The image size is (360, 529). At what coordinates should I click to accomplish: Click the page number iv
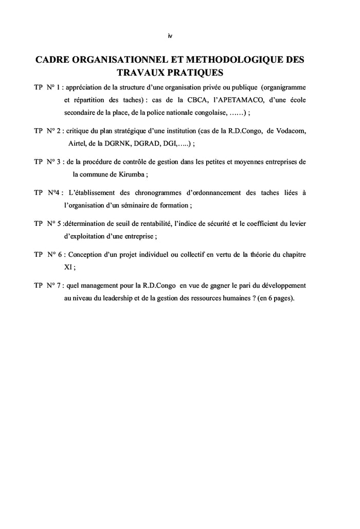pyautogui.click(x=170, y=36)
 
